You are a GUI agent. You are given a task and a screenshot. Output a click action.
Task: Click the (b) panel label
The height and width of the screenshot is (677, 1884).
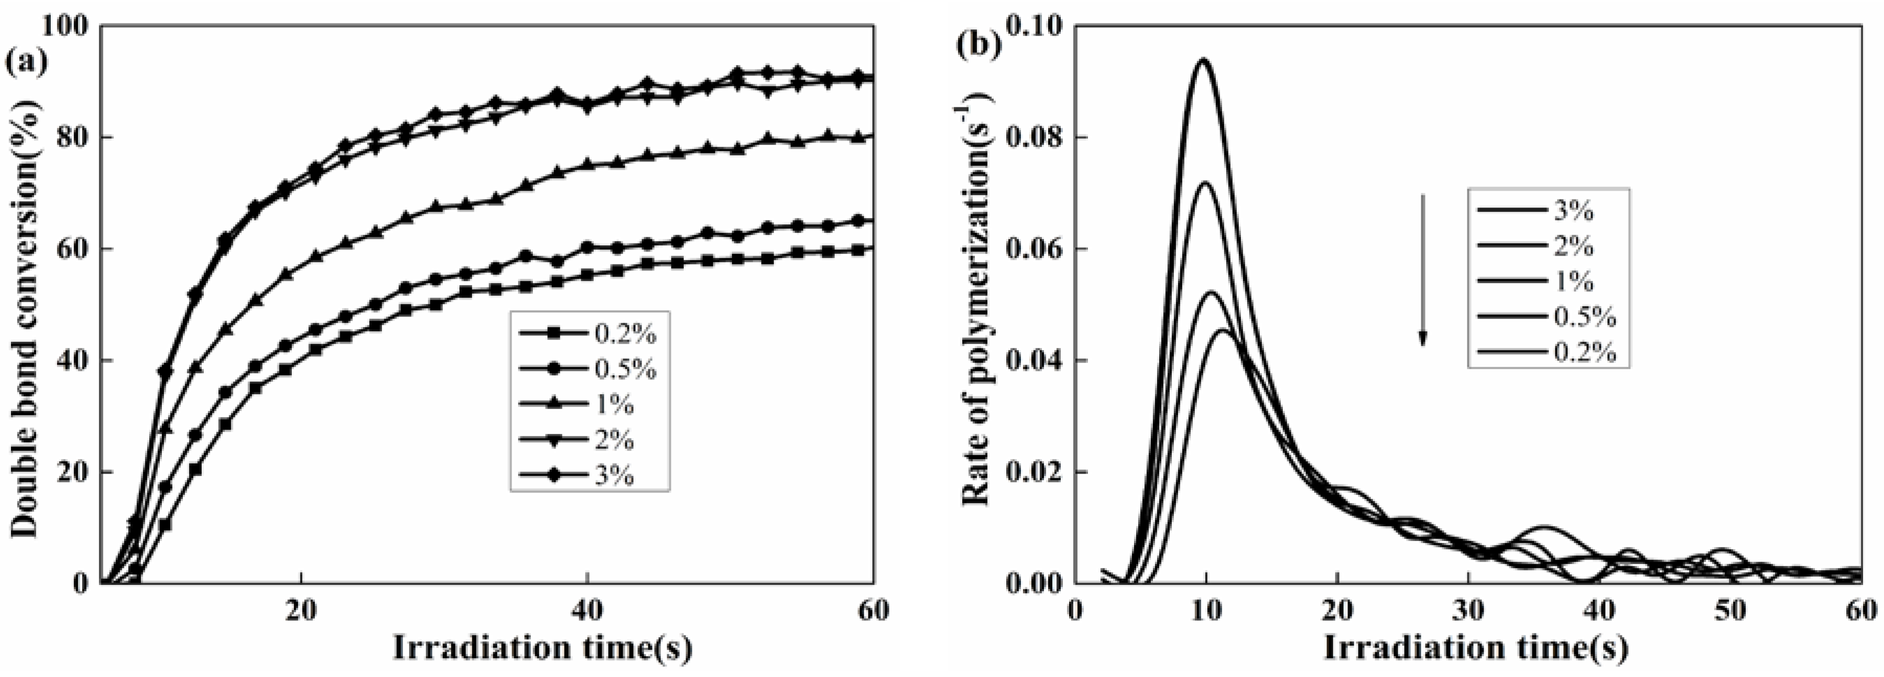pyautogui.click(x=978, y=46)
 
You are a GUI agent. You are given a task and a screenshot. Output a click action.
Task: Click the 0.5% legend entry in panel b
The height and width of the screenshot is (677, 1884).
pyautogui.click(x=1548, y=318)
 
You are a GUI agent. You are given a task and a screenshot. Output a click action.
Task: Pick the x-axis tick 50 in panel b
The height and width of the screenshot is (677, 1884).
pyautogui.click(x=1731, y=610)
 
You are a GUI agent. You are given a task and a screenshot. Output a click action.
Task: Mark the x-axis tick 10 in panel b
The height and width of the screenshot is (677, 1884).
pyautogui.click(x=1206, y=610)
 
